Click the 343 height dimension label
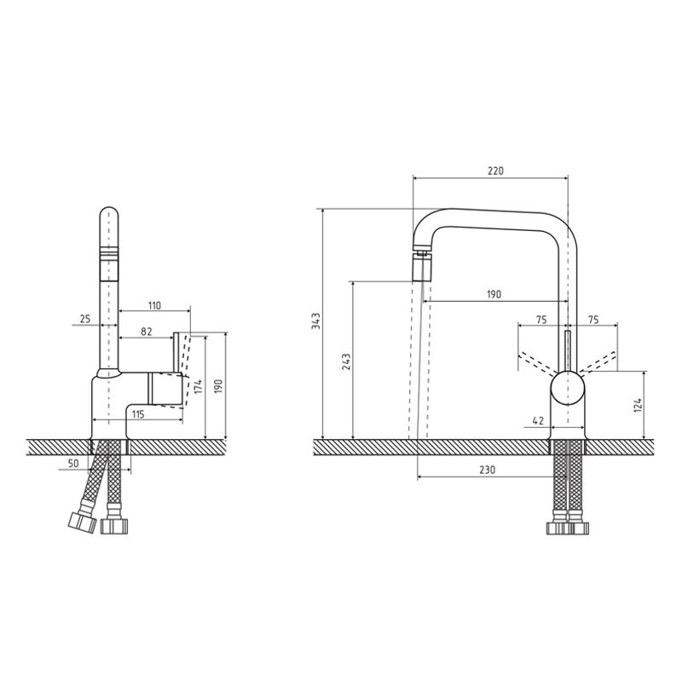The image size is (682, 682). pos(316,321)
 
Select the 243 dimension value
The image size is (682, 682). pos(346,361)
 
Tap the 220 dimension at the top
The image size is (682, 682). pos(495,170)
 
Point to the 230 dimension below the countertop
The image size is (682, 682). pos(487,470)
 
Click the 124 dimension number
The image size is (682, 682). pos(638,404)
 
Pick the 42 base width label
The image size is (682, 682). pos(538,420)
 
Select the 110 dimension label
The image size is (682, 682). pos(154,305)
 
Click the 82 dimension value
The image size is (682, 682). pos(147,332)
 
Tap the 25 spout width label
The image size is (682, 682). pos(84,319)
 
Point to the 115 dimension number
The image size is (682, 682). pos(138,414)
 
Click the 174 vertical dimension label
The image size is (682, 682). pos(198,386)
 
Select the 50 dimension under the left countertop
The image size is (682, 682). pos(73,464)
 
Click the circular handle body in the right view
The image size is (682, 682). pos(567,388)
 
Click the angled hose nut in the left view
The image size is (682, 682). pos(82,522)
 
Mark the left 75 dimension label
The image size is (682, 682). pos(541,320)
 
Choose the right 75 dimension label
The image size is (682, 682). pos(593,320)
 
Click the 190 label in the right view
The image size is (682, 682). pos(494,294)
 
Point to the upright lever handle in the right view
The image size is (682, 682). pos(567,350)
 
